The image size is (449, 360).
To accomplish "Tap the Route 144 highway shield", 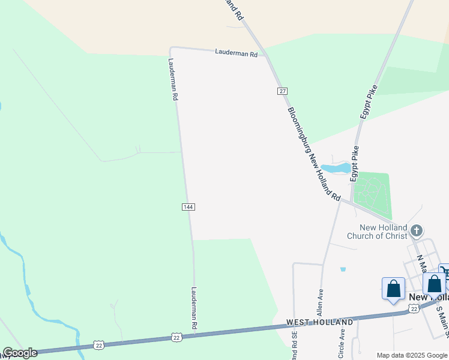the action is pyautogui.click(x=188, y=206).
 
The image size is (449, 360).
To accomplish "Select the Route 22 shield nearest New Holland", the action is pyautogui.click(x=413, y=308).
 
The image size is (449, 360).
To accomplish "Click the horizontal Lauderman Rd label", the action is pyautogui.click(x=236, y=53).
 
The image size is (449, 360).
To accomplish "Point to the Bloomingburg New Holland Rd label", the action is pyautogui.click(x=313, y=154).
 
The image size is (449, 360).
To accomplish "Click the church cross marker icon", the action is pyautogui.click(x=417, y=229).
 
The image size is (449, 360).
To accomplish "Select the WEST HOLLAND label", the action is pyautogui.click(x=319, y=322).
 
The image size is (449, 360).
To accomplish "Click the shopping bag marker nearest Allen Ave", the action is pyautogui.click(x=394, y=289).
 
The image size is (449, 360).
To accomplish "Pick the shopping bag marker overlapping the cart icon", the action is pyautogui.click(x=434, y=284).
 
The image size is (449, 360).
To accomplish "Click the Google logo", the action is pyautogui.click(x=20, y=353).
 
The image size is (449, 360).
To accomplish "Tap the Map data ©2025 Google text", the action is pyautogui.click(x=412, y=355).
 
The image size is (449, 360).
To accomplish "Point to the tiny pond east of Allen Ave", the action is pyautogui.click(x=343, y=269).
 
